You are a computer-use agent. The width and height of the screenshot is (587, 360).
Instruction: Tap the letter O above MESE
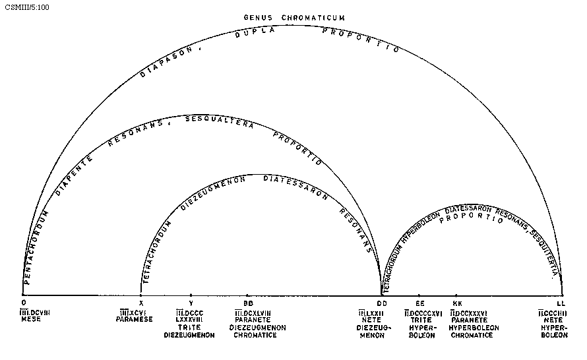coord(24,302)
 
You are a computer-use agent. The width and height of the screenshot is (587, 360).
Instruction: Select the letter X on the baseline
coord(141,302)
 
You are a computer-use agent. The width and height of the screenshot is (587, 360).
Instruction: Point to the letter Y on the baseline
coord(191,302)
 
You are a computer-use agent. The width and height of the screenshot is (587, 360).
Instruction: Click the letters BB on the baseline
coord(247,302)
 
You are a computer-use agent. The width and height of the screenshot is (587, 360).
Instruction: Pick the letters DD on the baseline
coord(381,302)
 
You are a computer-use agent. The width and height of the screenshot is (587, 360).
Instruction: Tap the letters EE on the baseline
coord(419,302)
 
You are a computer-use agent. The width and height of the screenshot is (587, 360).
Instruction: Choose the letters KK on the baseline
coord(457,302)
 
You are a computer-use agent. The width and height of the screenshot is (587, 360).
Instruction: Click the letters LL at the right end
coord(561,302)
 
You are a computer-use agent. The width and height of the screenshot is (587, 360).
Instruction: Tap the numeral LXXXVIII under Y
coord(189,320)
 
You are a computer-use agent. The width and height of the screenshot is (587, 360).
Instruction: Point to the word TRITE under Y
coord(190,328)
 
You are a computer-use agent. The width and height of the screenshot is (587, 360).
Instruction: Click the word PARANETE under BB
coord(253,320)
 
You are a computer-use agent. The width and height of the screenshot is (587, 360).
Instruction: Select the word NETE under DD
coord(371,320)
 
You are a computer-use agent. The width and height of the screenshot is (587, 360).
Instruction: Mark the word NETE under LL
coord(553,320)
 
